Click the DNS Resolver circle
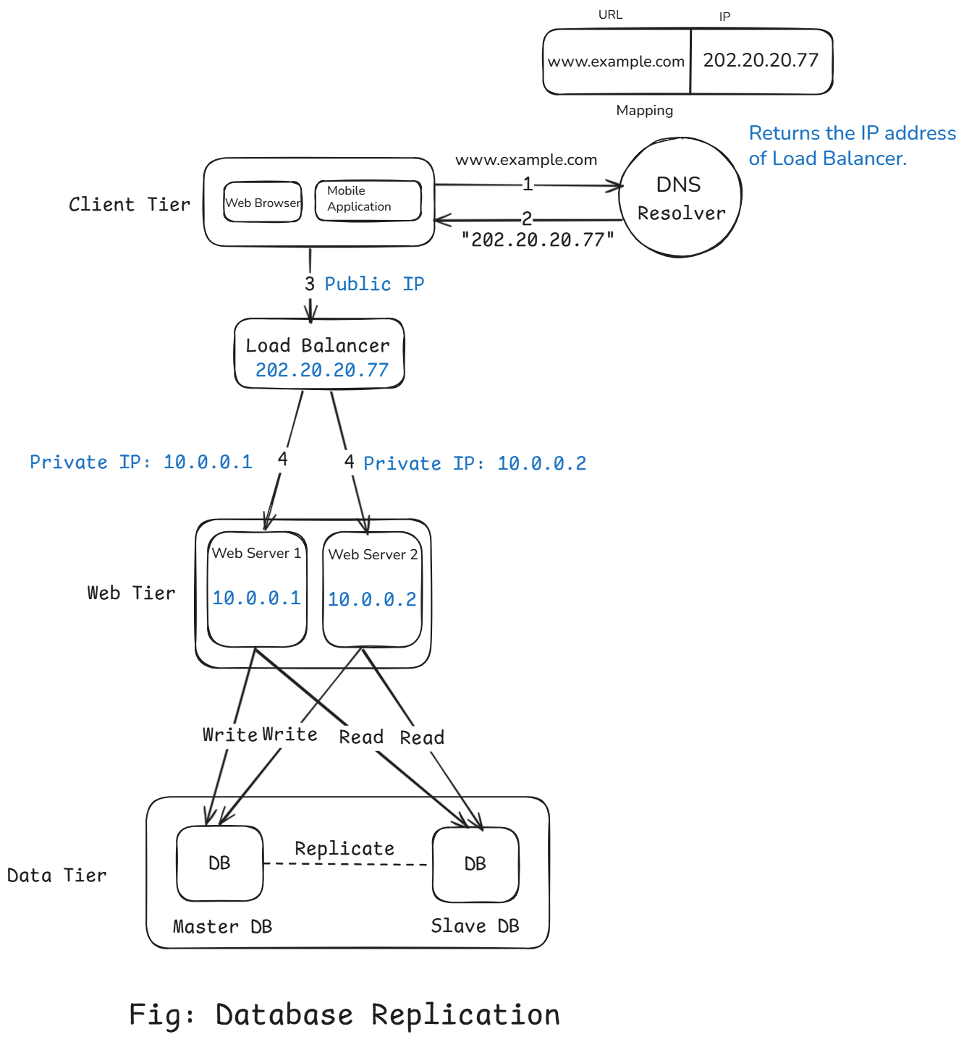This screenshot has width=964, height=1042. (x=680, y=198)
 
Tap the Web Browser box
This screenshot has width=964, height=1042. (x=263, y=203)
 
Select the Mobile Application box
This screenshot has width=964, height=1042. (x=368, y=200)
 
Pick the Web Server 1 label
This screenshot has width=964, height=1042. (x=256, y=554)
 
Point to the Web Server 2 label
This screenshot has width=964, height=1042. (x=373, y=555)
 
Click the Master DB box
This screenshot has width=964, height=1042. (x=219, y=863)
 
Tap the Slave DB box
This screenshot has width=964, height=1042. (x=475, y=864)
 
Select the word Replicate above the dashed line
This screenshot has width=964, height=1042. (x=344, y=848)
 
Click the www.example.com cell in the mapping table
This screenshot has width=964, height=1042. (x=616, y=62)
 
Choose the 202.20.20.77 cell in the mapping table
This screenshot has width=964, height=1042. (x=761, y=61)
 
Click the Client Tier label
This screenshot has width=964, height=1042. (x=130, y=205)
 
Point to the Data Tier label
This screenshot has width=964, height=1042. (x=56, y=876)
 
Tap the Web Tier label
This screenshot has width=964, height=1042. (x=131, y=593)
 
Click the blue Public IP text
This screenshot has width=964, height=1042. (x=374, y=284)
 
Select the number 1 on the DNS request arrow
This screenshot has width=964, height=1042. (x=528, y=185)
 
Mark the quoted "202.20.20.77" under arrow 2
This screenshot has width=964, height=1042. (x=538, y=240)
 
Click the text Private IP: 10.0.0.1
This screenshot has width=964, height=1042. (x=141, y=462)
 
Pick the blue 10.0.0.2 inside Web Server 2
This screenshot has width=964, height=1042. (x=372, y=599)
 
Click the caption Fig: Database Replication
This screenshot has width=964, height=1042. (x=344, y=1015)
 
